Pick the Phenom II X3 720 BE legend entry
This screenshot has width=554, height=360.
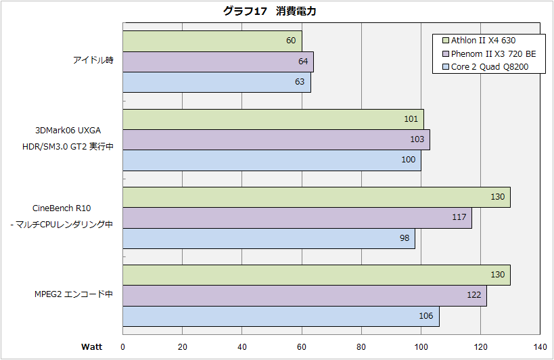coord(488,53)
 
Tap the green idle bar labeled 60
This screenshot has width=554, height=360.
coord(212,41)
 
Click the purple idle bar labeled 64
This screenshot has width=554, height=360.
coord(218,62)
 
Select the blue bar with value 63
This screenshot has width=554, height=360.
coord(216,82)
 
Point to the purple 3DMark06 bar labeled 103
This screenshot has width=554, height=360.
coord(276,139)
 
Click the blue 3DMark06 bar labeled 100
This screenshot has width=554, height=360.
coord(272,160)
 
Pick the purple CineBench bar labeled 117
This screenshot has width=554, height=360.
coord(297,218)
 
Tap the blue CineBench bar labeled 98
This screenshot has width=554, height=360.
coord(269,238)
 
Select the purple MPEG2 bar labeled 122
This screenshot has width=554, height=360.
coord(304,295)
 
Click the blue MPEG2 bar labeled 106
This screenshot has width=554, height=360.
coord(281,316)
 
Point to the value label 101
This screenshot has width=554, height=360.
coord(410,120)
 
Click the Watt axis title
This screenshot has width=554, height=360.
coord(92,347)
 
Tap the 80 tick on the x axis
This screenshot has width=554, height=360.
coord(361,347)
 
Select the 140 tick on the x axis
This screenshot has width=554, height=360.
coord(540,347)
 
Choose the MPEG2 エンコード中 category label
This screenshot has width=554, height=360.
coord(74,294)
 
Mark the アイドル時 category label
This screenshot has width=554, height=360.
coord(93,60)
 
